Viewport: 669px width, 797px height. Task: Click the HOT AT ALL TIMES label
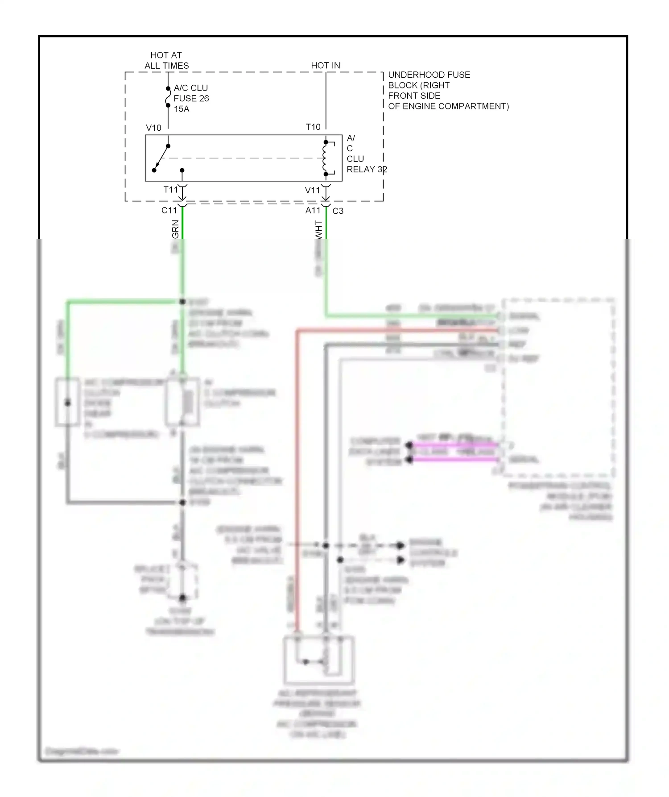(x=166, y=60)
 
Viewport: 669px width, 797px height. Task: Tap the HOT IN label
(x=325, y=65)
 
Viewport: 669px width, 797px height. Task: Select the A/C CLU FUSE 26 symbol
(x=168, y=97)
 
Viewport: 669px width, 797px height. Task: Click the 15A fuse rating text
(x=182, y=109)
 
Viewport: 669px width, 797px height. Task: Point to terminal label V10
(x=153, y=128)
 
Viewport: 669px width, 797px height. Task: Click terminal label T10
(x=313, y=127)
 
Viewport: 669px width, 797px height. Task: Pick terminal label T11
(x=170, y=190)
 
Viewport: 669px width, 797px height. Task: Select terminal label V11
(x=312, y=190)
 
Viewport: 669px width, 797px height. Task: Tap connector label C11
(x=169, y=210)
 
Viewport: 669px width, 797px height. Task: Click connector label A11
(x=313, y=210)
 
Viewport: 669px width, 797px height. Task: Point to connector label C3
(x=338, y=211)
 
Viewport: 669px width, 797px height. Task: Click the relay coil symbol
(x=325, y=158)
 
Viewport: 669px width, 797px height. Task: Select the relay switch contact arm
(x=161, y=158)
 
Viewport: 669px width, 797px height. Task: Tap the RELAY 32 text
(x=366, y=170)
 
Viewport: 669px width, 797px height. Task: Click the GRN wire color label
(x=175, y=229)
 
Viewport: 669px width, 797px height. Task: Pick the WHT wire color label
(x=318, y=229)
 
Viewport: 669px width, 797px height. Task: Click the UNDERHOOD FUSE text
(x=429, y=75)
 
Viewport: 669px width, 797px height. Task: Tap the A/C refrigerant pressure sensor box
(x=319, y=660)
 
